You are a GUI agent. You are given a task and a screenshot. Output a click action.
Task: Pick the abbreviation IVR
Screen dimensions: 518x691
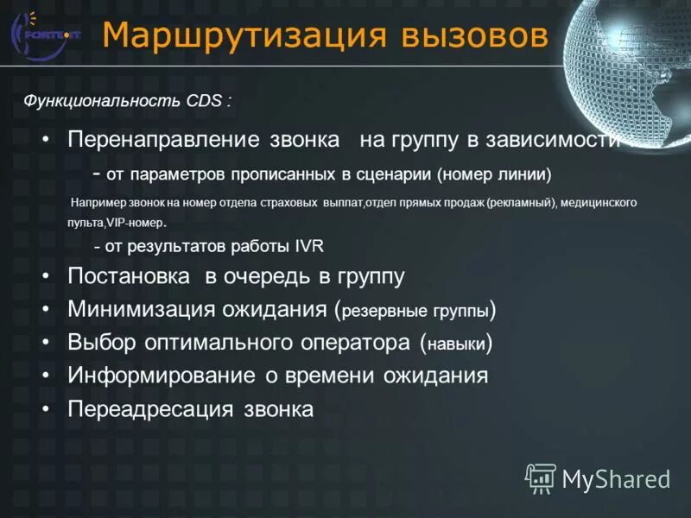pyautogui.click(x=308, y=246)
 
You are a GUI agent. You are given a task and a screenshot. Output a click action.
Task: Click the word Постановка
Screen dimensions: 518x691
pyautogui.click(x=129, y=276)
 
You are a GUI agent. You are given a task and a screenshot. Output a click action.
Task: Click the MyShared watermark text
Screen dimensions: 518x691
pyautogui.click(x=616, y=478)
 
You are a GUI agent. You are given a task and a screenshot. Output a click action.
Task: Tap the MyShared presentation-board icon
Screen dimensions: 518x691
pyautogui.click(x=541, y=477)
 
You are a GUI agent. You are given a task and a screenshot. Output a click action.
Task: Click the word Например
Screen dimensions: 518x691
pyautogui.click(x=98, y=203)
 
